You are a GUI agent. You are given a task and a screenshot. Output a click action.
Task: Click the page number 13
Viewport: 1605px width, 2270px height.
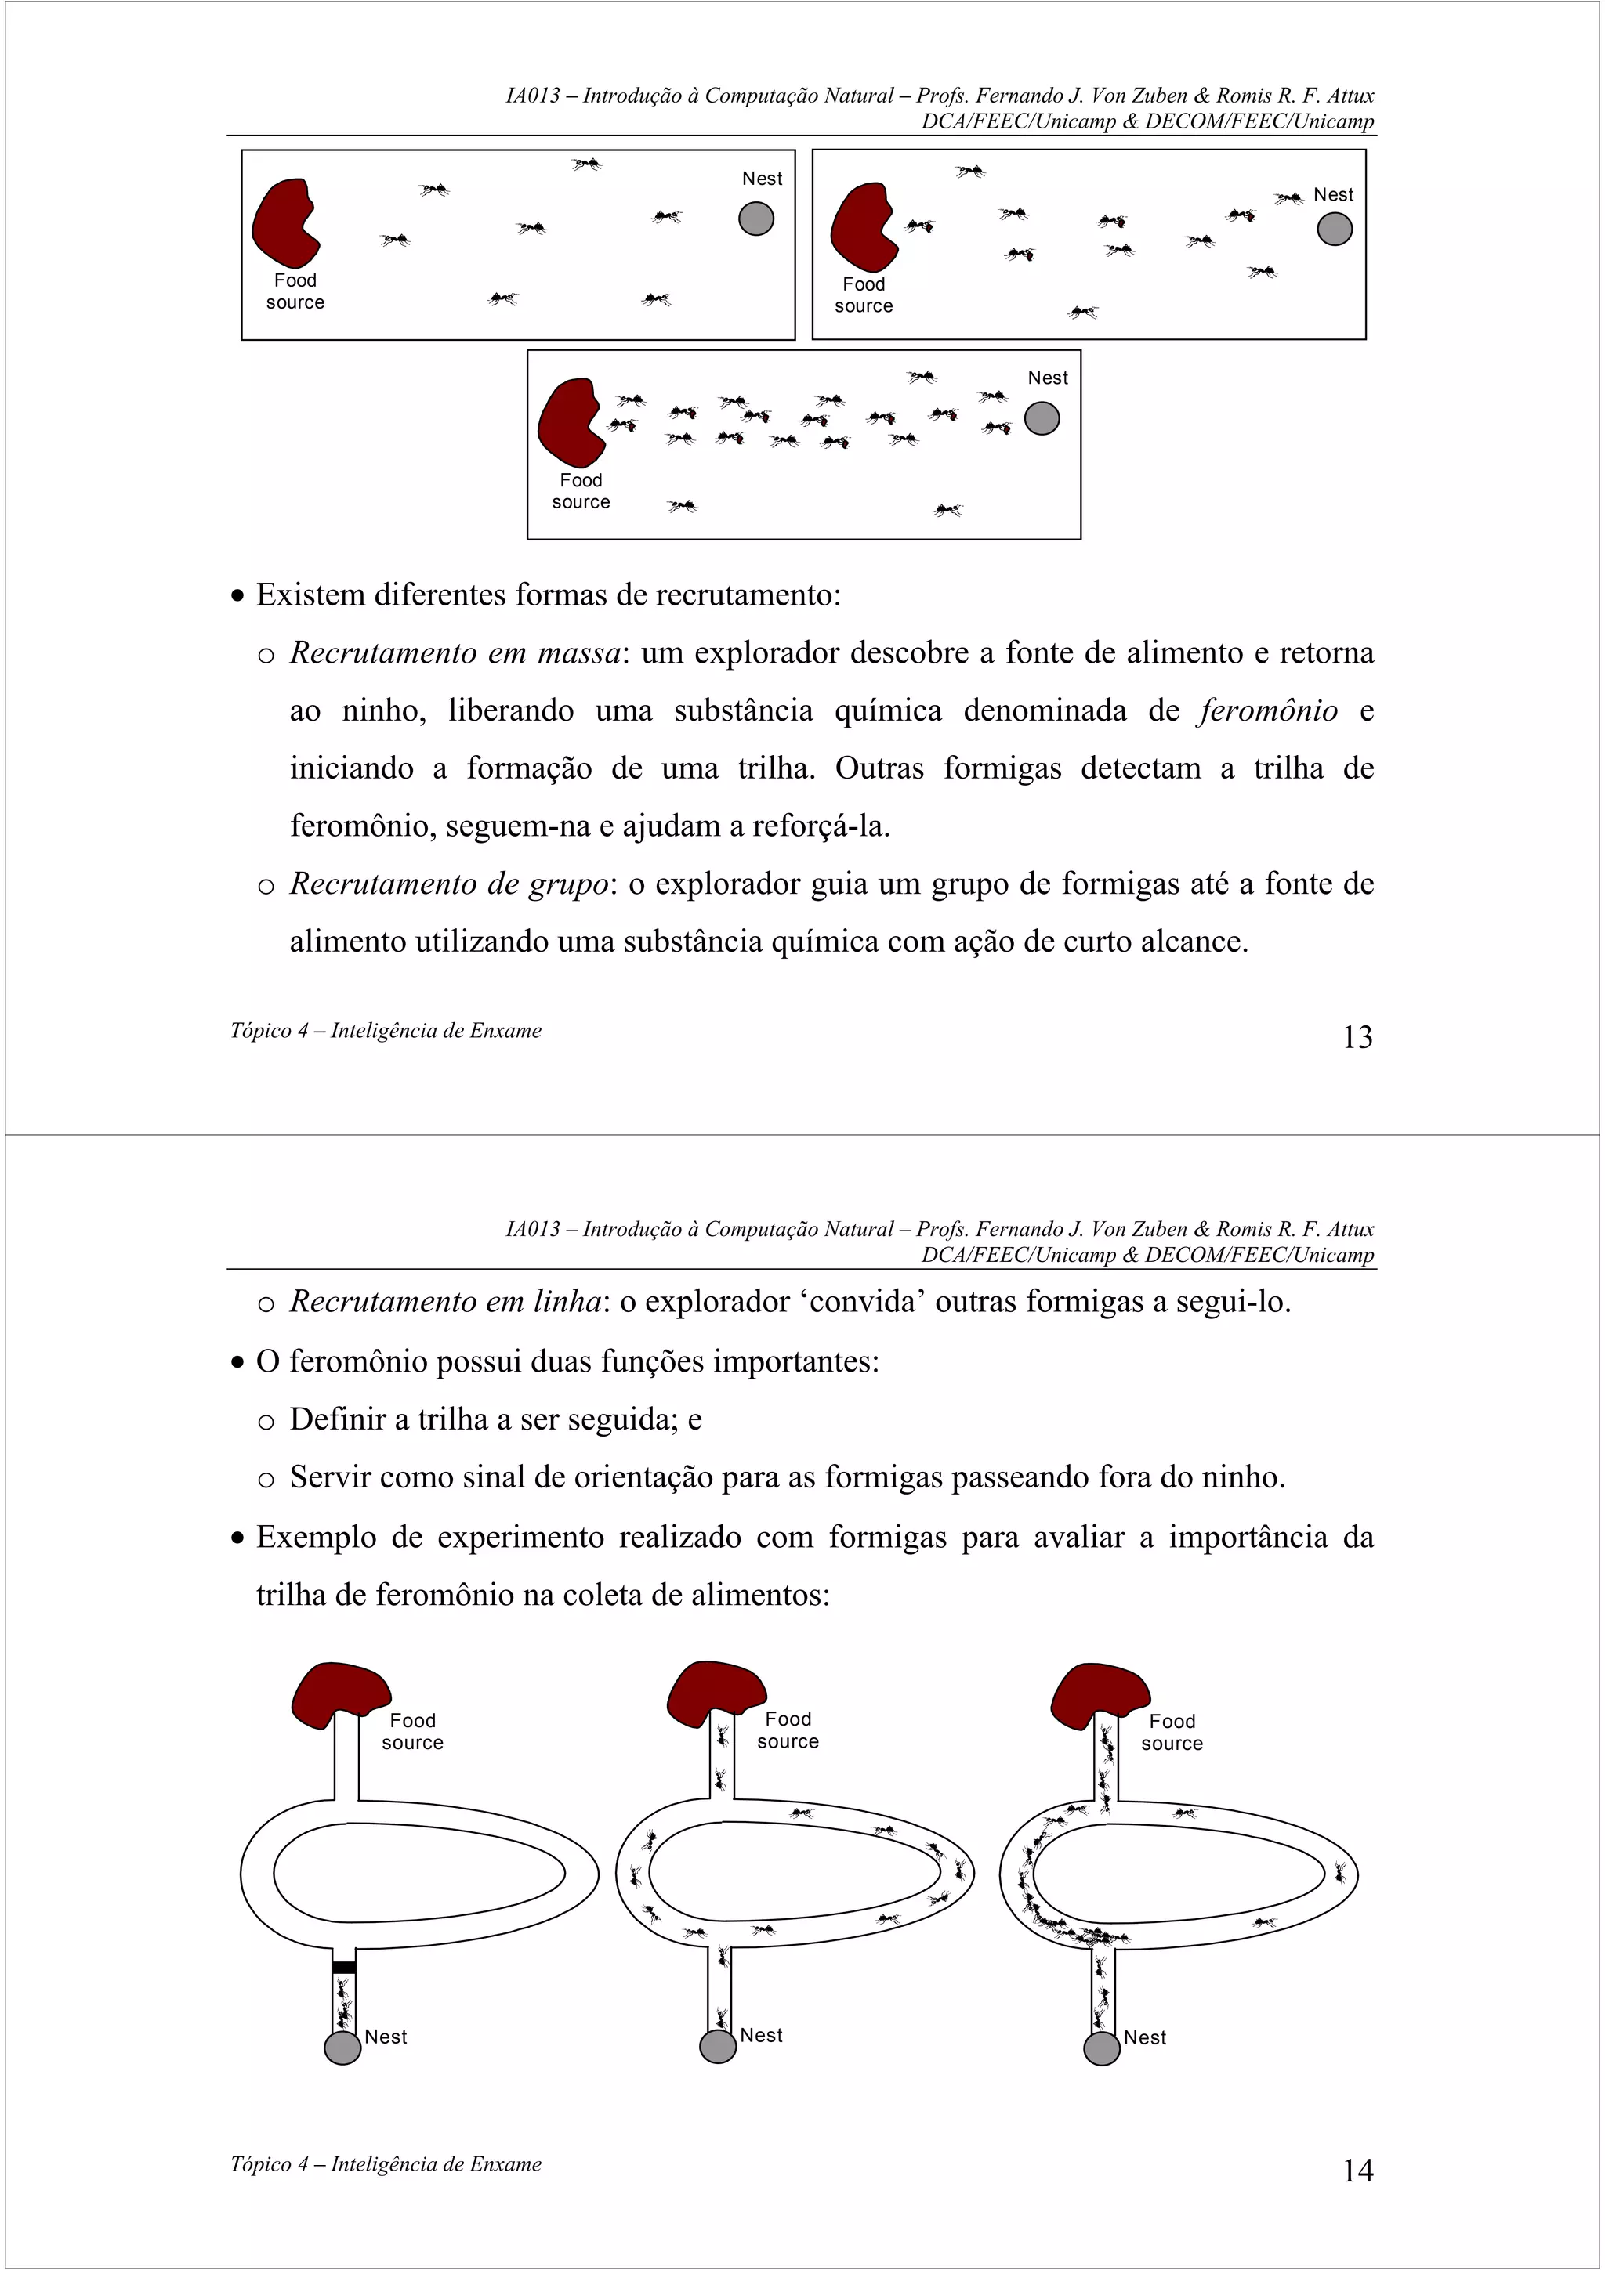click(x=1357, y=1037)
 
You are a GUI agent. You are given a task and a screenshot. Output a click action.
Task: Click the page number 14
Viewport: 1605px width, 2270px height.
click(x=1357, y=2171)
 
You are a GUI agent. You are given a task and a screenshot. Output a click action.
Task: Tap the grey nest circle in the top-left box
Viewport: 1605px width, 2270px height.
click(x=755, y=219)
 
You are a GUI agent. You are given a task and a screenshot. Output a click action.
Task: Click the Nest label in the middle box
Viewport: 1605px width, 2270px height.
click(x=1047, y=378)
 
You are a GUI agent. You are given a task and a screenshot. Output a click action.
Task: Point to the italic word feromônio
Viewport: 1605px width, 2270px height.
click(x=1268, y=711)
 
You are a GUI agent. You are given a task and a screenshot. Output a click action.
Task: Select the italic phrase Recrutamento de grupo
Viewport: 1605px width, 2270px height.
click(x=449, y=884)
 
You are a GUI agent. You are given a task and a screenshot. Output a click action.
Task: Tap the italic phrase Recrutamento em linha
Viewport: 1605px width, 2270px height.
click(x=445, y=1302)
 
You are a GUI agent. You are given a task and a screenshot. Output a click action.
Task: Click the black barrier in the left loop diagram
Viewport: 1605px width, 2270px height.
click(x=343, y=1968)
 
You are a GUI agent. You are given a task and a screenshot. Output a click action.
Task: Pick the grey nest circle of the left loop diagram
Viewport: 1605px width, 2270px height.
click(x=342, y=2047)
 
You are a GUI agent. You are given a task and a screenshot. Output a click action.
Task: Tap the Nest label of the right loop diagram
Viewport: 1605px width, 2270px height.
click(x=1144, y=2037)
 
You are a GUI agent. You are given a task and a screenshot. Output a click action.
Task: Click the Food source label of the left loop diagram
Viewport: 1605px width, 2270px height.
click(x=412, y=1731)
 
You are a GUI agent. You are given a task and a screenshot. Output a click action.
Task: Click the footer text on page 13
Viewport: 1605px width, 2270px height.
click(x=386, y=1031)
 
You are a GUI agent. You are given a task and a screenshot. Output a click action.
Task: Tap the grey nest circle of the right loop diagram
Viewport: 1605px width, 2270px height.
click(x=1102, y=2048)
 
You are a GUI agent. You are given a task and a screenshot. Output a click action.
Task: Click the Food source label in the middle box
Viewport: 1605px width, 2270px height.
click(x=581, y=490)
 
